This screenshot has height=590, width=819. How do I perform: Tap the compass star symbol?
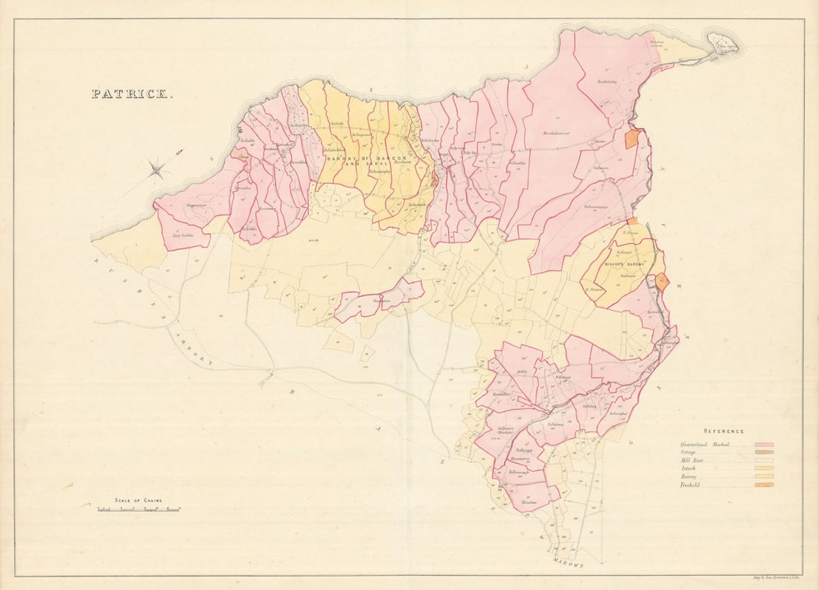coord(157,170)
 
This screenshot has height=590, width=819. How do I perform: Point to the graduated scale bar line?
coord(139,510)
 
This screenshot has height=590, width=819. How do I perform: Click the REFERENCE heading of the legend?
coord(724,431)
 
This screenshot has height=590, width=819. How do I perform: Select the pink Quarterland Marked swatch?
coord(764,445)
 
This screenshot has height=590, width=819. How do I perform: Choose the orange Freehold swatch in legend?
coord(764,485)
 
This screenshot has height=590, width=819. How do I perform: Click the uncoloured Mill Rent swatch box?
coord(764,461)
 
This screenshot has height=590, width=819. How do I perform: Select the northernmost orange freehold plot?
coord(632,139)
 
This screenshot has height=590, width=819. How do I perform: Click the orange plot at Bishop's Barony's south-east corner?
coord(662,282)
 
